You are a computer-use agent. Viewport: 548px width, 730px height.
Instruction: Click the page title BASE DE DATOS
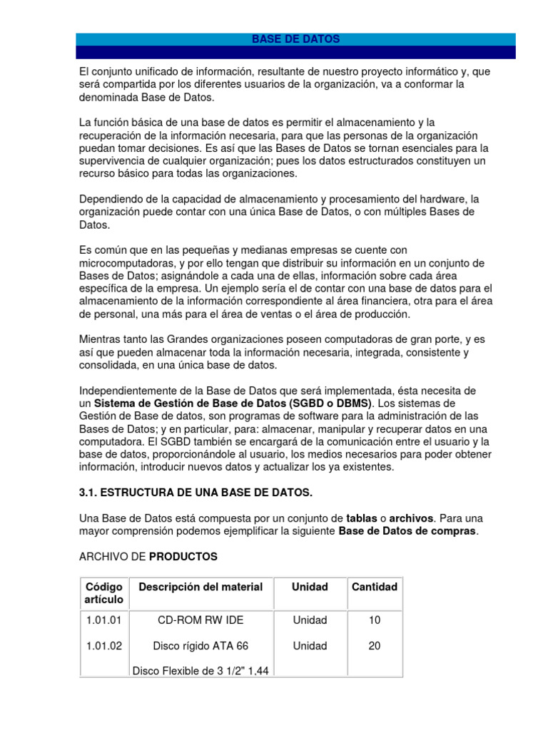click(295, 39)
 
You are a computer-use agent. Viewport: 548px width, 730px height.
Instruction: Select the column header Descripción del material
click(201, 587)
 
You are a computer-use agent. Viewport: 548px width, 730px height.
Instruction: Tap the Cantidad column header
click(375, 587)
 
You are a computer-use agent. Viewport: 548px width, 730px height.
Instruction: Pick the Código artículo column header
click(104, 593)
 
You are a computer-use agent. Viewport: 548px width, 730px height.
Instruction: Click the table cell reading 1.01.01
click(104, 620)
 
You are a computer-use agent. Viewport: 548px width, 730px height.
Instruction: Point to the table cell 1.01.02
click(104, 646)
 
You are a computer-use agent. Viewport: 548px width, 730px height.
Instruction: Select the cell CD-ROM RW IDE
click(201, 620)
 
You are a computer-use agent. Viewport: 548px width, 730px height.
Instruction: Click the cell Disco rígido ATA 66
click(201, 646)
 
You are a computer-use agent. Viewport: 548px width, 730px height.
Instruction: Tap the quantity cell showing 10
click(375, 620)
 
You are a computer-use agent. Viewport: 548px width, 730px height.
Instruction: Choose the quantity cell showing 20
click(375, 646)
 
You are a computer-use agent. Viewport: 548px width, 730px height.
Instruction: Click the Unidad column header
click(310, 587)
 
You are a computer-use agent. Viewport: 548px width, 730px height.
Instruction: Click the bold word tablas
click(361, 518)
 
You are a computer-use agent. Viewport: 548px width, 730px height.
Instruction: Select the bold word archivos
click(411, 518)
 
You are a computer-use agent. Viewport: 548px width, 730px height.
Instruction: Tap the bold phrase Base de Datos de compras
click(407, 531)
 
